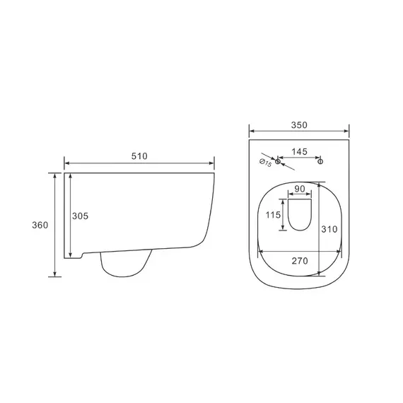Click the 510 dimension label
(139, 156)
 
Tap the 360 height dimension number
(40, 225)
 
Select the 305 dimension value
(80, 216)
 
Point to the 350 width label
(299, 125)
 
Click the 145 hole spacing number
(300, 151)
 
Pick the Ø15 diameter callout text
(266, 163)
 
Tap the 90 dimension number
(300, 189)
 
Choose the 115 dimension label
(273, 215)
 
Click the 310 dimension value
(329, 229)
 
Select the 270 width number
(300, 261)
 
